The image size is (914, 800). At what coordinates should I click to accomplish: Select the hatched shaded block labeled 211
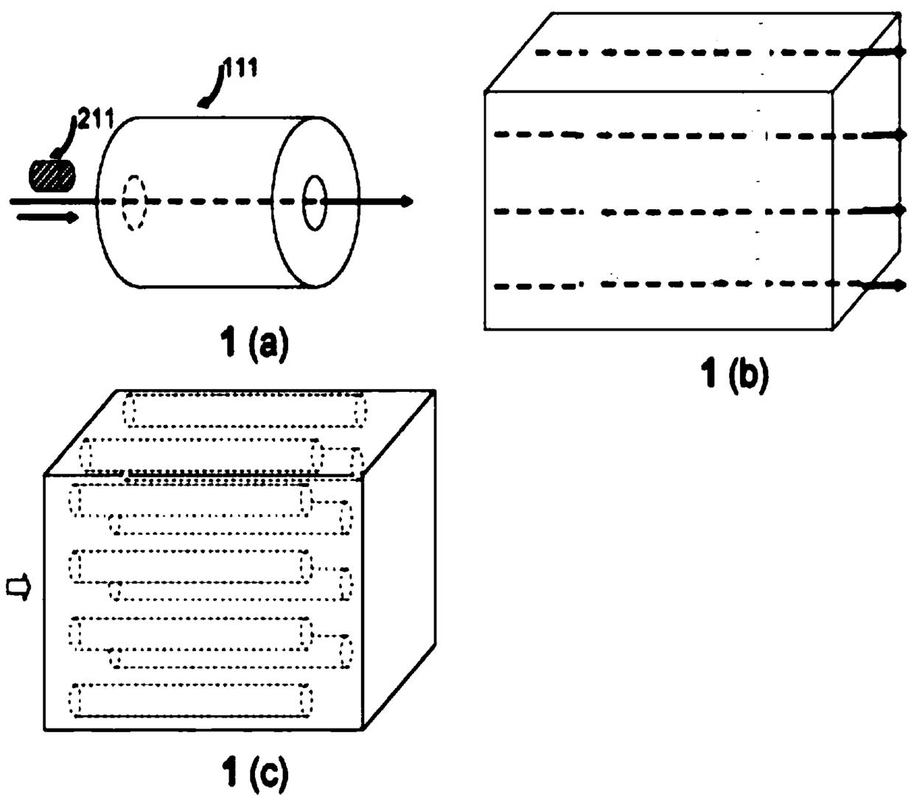point(52,175)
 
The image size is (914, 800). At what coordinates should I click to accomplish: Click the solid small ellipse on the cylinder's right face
point(315,203)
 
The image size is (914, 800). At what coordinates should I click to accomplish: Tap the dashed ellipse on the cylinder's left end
point(134,203)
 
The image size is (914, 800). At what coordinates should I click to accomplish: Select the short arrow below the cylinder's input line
point(48,218)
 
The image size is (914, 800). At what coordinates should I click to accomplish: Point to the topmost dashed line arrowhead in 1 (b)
point(901,52)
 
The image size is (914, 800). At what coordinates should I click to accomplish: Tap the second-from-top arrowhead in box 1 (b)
point(901,134)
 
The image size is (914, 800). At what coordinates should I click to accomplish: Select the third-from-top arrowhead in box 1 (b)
point(900,210)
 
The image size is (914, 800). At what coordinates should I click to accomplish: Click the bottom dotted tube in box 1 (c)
point(191,700)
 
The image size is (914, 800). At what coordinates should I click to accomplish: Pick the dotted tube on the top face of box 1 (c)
point(245,410)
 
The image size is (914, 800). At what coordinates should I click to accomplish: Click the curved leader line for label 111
point(212,87)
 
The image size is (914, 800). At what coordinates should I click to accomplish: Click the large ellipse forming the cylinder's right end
point(273,202)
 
